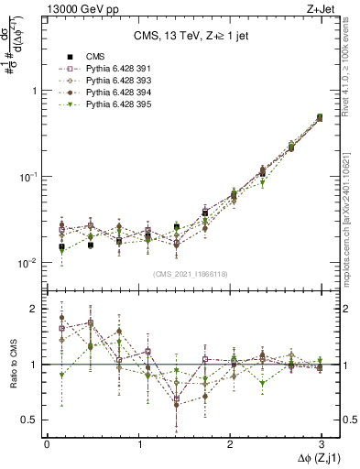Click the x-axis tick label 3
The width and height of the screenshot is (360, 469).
pos(321,442)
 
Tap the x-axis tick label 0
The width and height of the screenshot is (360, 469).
pos(47,442)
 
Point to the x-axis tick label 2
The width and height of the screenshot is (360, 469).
pos(230,442)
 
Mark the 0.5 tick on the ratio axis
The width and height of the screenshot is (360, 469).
pos(29,420)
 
